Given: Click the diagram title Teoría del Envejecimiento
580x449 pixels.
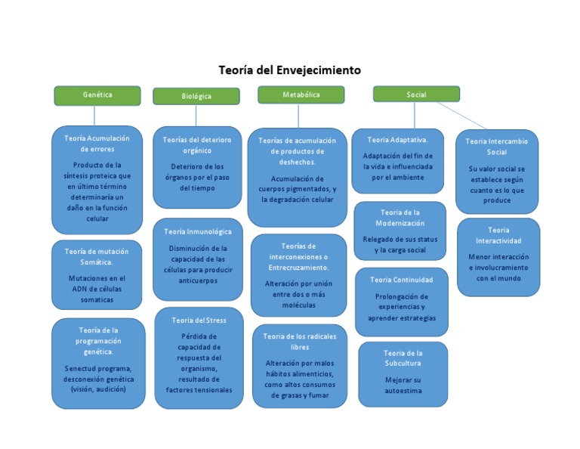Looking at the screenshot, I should coord(290,70).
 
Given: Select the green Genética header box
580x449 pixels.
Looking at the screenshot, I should coord(97,95).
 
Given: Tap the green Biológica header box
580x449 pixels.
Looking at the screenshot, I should coord(196,97).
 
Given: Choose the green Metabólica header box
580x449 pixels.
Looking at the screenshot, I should coord(301,95).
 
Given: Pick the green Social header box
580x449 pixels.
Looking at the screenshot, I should coord(416,94).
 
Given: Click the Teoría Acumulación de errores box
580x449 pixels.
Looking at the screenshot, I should coord(97,179).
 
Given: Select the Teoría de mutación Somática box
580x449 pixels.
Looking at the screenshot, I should coord(97,275).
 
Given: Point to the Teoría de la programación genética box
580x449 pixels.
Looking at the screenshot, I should coord(98,363).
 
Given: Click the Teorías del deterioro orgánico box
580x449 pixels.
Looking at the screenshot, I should coord(197,166).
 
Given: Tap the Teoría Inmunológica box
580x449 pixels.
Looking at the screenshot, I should coord(198,259).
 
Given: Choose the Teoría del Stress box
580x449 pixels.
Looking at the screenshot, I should coord(199,358).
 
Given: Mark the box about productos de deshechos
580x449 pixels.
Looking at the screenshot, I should coord(298,176).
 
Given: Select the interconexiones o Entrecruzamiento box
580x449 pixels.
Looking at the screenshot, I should coord(298,274).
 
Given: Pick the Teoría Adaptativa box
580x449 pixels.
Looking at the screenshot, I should coord(398,160).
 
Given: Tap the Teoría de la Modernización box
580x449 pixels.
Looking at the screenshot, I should coord(400,231).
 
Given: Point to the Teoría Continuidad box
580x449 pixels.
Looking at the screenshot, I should coord(402,301).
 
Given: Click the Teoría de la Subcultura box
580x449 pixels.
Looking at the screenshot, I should coord(403,373).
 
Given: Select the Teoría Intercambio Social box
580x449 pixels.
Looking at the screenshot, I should coord(497,171).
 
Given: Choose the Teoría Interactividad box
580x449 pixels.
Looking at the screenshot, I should coord(498,256).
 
